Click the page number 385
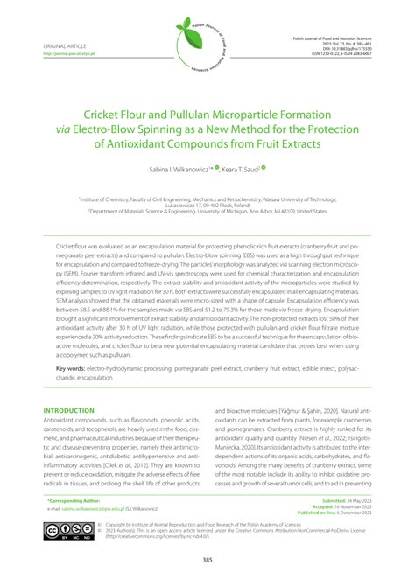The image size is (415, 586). [x=207, y=560]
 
